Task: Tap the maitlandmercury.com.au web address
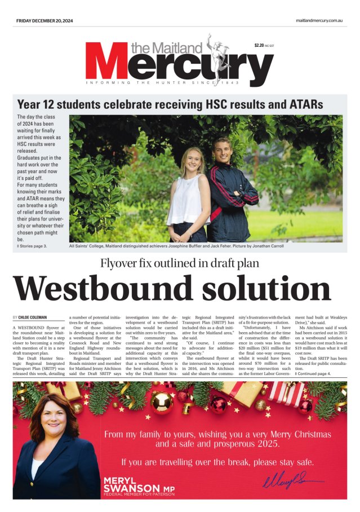pyautogui.click(x=319, y=20)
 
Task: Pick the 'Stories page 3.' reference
pyautogui.click(x=33, y=246)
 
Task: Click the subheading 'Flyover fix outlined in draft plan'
pyautogui.click(x=179, y=263)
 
